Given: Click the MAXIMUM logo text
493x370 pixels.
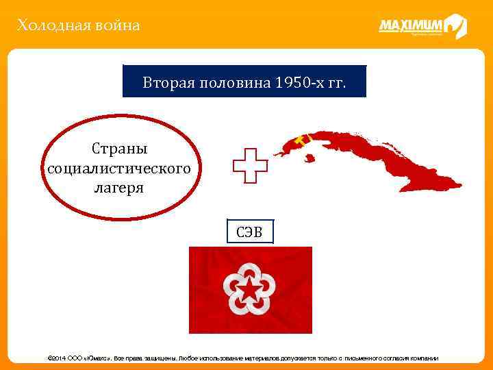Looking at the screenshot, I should click(410, 26).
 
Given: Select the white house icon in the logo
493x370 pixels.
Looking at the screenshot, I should click(455, 27).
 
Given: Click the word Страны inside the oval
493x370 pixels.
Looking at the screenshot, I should click(118, 149).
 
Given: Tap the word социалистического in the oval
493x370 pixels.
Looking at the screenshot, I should click(118, 168).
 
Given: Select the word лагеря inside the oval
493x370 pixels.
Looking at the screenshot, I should click(118, 187).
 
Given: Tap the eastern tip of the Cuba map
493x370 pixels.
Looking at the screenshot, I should click(457, 185).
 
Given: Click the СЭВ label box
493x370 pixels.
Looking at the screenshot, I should click(250, 232).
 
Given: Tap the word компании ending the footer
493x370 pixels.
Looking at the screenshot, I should click(424, 358).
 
